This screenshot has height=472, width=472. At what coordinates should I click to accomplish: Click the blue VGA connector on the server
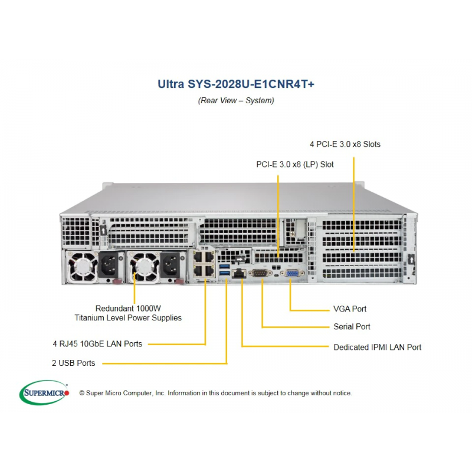(291, 274)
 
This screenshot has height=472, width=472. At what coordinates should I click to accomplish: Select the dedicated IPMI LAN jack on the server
(239, 274)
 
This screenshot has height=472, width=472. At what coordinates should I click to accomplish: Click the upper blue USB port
(225, 266)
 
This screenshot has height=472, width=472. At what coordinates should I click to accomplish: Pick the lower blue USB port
(225, 273)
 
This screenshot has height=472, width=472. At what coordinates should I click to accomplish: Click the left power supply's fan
(82, 267)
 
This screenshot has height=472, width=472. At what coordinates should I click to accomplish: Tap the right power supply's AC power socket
(171, 265)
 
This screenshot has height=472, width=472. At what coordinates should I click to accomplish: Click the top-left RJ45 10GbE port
(199, 257)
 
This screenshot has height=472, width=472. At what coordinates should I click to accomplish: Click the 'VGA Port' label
(350, 309)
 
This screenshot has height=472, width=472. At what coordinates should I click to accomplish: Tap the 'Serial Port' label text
(352, 327)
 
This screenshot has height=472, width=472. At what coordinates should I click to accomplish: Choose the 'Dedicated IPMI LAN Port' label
(378, 347)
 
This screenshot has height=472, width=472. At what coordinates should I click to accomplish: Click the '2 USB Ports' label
(73, 363)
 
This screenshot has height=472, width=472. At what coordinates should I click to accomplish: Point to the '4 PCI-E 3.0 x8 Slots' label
(345, 144)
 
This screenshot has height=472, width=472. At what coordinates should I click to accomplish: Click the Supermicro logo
(44, 392)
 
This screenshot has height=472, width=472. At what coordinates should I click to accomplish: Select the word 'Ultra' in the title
(171, 84)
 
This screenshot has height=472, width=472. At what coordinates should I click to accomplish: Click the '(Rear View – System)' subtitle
(236, 100)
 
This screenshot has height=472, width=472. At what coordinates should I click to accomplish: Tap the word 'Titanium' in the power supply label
(90, 318)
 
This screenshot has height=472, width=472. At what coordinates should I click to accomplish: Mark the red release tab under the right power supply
(179, 282)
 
